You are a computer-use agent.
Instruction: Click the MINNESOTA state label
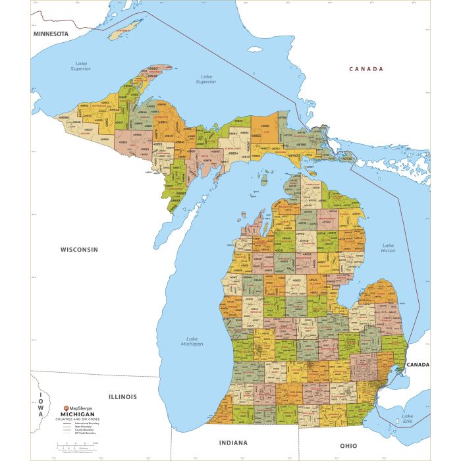click(51, 33)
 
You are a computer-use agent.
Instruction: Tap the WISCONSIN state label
click(79, 250)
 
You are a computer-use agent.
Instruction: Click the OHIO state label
click(348, 446)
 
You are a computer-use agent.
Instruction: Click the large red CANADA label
click(366, 69)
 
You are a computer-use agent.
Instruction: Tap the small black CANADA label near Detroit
click(417, 364)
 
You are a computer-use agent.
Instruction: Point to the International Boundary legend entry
click(80, 424)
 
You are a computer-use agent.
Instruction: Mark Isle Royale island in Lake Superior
click(125, 29)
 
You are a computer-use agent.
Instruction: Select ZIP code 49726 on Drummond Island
click(348, 159)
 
